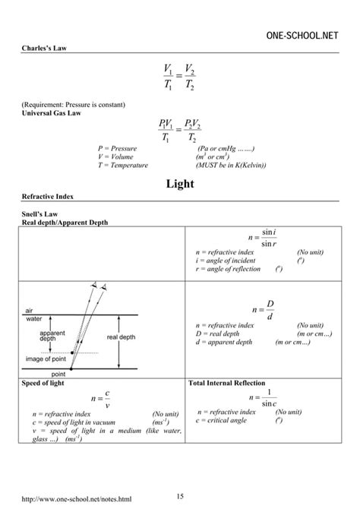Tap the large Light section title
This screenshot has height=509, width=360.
[181, 184]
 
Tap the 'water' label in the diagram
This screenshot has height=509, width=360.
[33, 319]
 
